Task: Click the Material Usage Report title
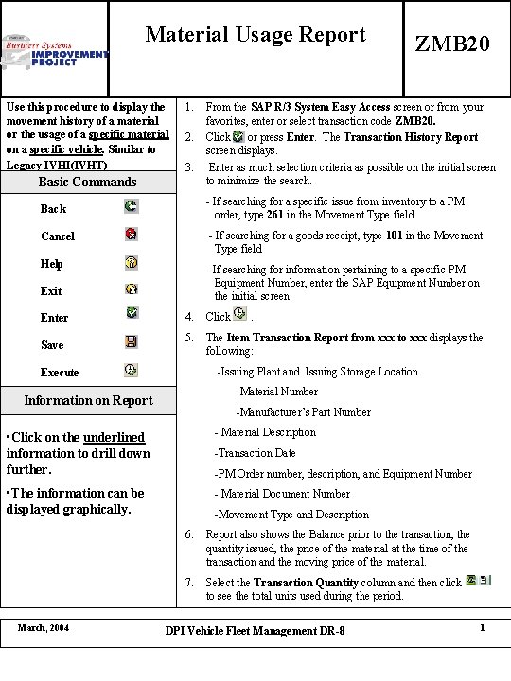click(255, 36)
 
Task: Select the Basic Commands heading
click(87, 182)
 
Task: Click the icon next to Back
click(131, 205)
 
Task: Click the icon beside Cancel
click(131, 233)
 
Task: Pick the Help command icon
click(131, 261)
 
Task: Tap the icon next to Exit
click(131, 288)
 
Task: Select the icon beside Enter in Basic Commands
click(131, 315)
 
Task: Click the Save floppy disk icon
click(131, 342)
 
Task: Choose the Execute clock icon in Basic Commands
click(131, 370)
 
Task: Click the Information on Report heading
click(87, 400)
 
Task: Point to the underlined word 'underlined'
click(114, 437)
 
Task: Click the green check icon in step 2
click(238, 137)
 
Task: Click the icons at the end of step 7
click(477, 581)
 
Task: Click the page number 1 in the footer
click(483, 629)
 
